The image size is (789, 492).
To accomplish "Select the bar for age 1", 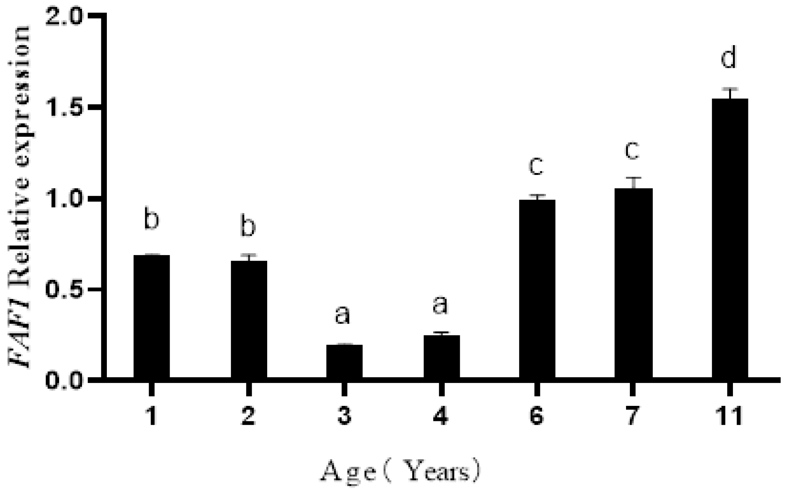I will pos(151,316).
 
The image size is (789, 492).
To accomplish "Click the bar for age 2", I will pos(249,319).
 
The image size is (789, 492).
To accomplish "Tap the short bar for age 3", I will pos(344,361).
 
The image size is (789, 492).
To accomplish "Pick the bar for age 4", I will pos(441,356).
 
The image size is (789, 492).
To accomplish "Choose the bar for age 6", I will pos(537,289).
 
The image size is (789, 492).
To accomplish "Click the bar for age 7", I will pos(633,283).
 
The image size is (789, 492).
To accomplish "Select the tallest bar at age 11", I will pos(730,238).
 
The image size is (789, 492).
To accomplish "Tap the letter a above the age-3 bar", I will pos(342,315).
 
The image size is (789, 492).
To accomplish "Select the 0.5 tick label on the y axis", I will pos(64,290).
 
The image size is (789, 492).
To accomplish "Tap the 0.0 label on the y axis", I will pos(64,381).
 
